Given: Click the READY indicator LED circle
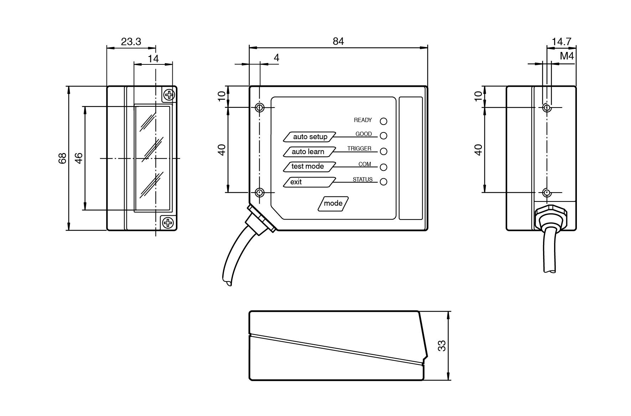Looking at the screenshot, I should pos(384,121).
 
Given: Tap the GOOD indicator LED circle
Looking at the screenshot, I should pos(384,136).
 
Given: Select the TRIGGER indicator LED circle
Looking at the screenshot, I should pos(384,151).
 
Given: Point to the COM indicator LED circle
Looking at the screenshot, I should pos(384,167).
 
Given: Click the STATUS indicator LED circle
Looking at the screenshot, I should pos(384,182).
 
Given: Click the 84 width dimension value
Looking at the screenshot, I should pos(338,42).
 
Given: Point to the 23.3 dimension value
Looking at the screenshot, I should pos(131,42).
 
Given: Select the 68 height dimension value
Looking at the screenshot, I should pos(62,158).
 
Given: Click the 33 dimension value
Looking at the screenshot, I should pos(442,346).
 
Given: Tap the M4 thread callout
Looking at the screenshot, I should pos(567,56).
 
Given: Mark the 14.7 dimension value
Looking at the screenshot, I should pos(562,42).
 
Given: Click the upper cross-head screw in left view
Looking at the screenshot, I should pos(169,95).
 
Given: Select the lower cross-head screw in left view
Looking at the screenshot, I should pos(168,223).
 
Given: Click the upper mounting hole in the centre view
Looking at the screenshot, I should pos(260,107).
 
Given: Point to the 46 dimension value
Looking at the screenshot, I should pos(79,158).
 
